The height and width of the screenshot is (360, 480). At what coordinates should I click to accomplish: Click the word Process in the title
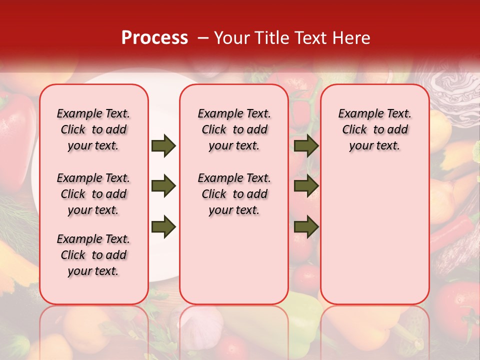point(154,38)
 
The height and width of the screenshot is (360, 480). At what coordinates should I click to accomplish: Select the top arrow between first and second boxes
point(163,146)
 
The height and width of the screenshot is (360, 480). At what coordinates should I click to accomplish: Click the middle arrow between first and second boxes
point(163,186)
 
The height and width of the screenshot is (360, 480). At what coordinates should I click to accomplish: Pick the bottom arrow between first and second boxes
point(163,227)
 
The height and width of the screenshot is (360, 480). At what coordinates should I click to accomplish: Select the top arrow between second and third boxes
point(306,146)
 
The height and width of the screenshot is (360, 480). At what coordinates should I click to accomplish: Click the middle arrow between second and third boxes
point(306,186)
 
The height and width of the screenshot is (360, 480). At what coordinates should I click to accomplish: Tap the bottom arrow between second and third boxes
point(306,227)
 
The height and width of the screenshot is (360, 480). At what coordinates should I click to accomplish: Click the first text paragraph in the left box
point(93,129)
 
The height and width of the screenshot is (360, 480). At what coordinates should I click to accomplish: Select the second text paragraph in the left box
point(93,194)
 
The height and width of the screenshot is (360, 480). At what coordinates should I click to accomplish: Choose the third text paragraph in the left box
point(93,255)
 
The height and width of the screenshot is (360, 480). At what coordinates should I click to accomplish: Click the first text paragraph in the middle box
point(234,129)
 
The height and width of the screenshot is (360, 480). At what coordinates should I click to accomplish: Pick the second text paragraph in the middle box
point(234,194)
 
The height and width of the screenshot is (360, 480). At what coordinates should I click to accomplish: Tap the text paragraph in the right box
point(375,129)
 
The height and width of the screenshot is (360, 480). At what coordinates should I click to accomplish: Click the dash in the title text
point(203,38)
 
